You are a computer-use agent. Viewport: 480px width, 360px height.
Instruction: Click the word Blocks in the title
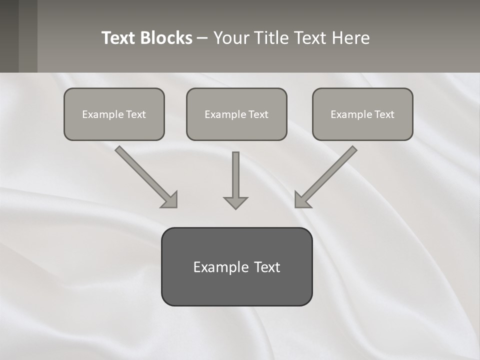pos(167,38)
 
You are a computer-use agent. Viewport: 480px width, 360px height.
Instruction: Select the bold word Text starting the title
pos(120,38)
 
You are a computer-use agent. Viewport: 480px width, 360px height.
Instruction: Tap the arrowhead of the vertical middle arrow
pos(235,202)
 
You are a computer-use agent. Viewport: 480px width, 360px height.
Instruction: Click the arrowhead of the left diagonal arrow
pos(170,200)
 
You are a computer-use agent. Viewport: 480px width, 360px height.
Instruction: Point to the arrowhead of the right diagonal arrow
pos(302,200)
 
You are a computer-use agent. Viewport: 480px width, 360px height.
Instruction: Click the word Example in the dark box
pos(220,267)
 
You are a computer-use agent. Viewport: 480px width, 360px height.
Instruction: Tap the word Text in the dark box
pos(266,267)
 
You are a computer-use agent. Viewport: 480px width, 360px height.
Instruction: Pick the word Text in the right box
pos(384,114)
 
